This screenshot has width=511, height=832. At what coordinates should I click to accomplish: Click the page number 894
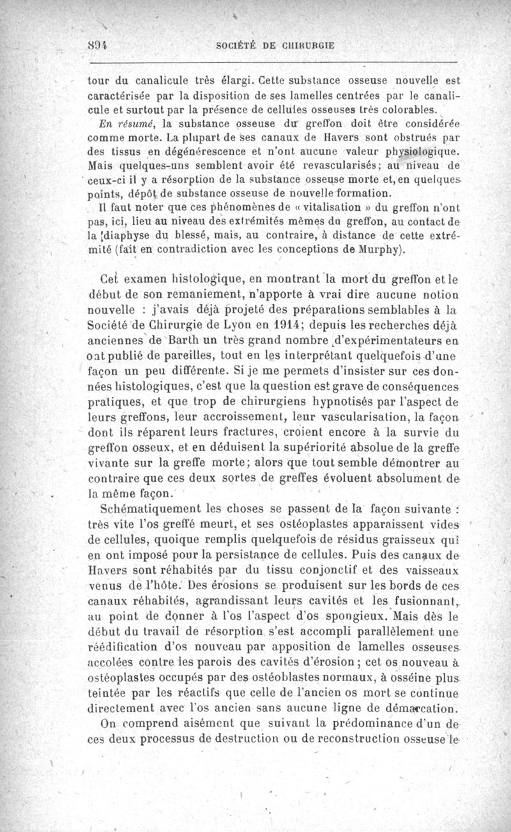click(96, 46)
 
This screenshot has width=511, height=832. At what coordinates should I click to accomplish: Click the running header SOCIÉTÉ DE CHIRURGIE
click(276, 46)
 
